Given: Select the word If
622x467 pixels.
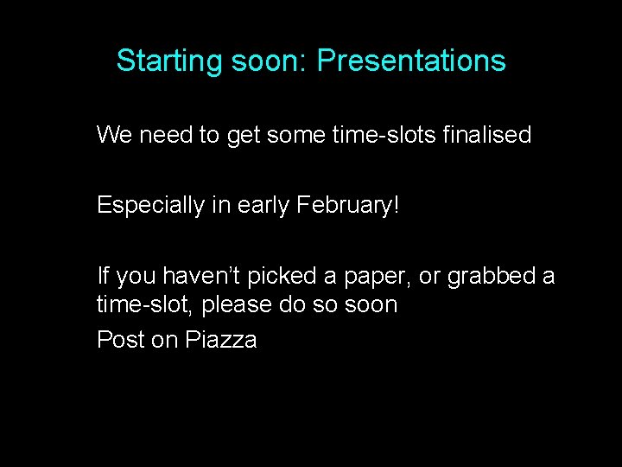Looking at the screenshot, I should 103,277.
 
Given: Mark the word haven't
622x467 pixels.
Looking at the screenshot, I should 205,277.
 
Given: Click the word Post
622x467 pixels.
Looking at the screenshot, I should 121,340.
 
